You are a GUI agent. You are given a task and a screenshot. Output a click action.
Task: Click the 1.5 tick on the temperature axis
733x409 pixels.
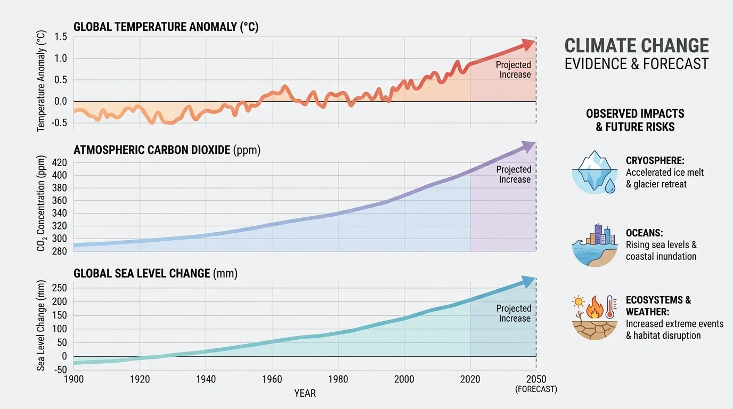point(61,37)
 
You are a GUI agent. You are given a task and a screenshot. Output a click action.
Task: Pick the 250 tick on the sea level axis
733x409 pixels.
point(59,288)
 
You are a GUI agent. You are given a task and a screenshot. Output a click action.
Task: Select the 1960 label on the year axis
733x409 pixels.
point(272,380)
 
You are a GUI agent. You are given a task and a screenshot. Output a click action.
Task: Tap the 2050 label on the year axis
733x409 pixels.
point(536,380)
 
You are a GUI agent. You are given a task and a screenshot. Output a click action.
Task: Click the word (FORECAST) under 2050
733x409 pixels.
point(536,389)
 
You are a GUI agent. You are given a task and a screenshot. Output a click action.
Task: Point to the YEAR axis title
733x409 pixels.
point(305,394)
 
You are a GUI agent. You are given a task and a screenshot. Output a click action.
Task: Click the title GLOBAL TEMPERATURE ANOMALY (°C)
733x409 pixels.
point(166,27)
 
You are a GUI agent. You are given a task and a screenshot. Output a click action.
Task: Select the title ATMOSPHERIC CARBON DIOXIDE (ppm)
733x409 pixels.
point(167,150)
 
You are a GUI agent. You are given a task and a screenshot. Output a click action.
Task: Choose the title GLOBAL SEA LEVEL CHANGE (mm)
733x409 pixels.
point(155,274)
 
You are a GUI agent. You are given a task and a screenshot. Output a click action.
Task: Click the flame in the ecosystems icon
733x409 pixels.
point(594,308)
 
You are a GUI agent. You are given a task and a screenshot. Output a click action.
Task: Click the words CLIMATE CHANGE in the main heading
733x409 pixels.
point(637,45)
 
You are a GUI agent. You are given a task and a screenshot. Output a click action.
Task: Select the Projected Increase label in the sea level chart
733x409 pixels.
point(514,313)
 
